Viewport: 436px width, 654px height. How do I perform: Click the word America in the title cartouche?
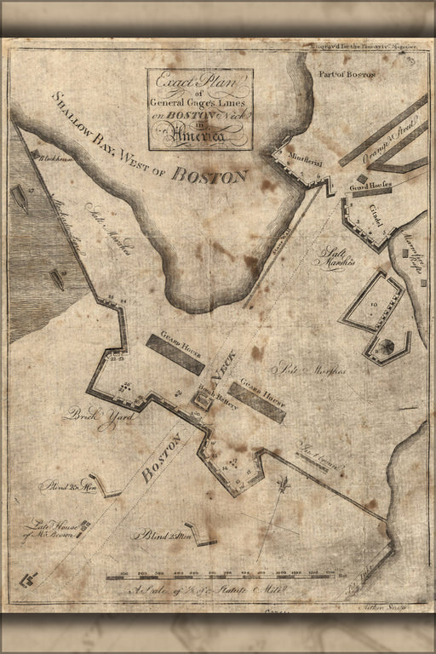coord(199,134)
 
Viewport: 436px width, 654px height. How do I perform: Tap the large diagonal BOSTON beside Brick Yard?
coord(162,458)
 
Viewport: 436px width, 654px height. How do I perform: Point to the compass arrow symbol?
coord(284,490)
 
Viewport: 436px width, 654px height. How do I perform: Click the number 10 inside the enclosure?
coord(374,304)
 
